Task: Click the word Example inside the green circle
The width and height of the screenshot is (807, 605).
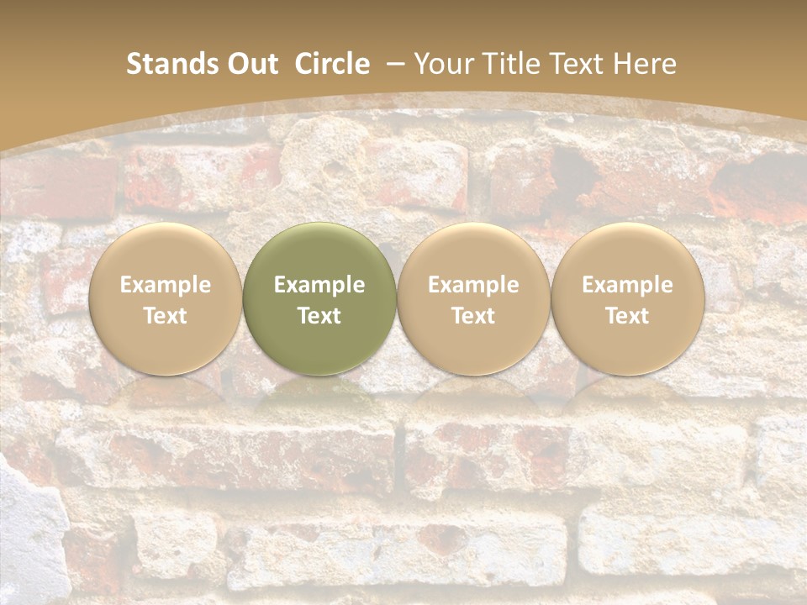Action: pos(319,285)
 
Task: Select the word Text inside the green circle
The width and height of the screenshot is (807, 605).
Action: pos(319,316)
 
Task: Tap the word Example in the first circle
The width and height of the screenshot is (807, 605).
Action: pos(166,285)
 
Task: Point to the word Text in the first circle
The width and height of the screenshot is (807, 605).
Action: pos(166,316)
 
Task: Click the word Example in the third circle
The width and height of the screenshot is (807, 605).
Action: pos(473,285)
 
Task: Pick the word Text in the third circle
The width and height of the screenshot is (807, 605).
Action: pos(473,316)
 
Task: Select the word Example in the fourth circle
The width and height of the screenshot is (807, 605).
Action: pos(627,285)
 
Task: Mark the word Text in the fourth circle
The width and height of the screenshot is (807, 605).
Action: pos(627,316)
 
